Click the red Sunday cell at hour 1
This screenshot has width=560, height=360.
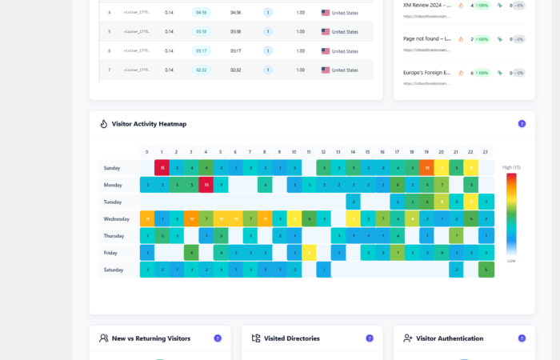click(x=162, y=168)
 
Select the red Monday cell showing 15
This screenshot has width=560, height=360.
click(x=206, y=185)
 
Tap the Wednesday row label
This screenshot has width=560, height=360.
click(x=118, y=218)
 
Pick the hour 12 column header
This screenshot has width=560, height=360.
click(x=324, y=152)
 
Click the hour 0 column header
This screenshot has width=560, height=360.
click(x=147, y=152)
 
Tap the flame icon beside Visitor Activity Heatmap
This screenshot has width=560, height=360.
click(x=104, y=124)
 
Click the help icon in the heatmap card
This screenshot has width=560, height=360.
click(x=522, y=124)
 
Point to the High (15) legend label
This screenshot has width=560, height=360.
click(x=510, y=167)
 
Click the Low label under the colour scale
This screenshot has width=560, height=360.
click(x=510, y=261)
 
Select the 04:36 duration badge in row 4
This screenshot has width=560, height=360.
click(x=202, y=13)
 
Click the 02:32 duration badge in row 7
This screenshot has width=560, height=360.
click(x=202, y=70)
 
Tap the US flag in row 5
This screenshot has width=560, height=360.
click(x=326, y=32)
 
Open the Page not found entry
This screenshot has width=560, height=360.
click(x=427, y=38)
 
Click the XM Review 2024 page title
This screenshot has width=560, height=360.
click(x=427, y=5)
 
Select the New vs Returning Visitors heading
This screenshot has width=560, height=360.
click(x=150, y=338)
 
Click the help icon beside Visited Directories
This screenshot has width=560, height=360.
click(x=370, y=338)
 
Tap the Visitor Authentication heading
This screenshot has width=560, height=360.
click(x=449, y=338)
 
